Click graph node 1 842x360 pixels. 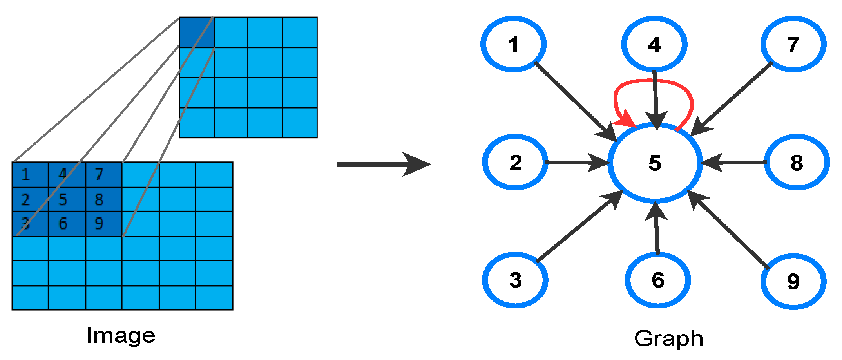[x=513, y=44]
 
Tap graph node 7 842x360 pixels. [x=793, y=44]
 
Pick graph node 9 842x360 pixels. [x=793, y=281]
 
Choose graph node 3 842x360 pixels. [x=515, y=280]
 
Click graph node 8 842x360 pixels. [x=797, y=163]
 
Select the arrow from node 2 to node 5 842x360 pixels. [x=576, y=162]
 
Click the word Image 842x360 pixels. [x=121, y=336]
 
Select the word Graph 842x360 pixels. [x=668, y=338]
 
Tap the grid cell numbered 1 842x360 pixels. [x=30, y=175]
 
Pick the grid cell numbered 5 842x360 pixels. [x=67, y=200]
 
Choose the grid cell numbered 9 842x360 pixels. [x=103, y=224]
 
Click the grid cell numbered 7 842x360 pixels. [x=103, y=175]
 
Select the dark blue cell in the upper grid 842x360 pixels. [x=197, y=32]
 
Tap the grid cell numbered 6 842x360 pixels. [x=67, y=224]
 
